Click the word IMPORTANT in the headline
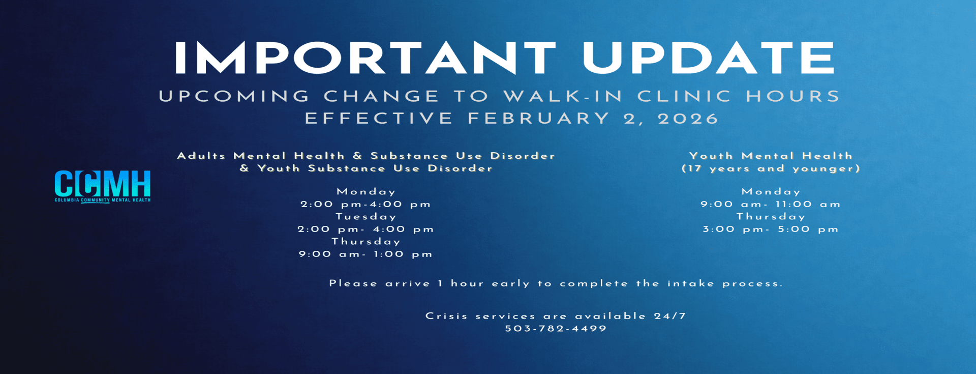(x=365, y=57)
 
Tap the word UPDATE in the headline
(x=709, y=57)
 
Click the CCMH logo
(x=103, y=186)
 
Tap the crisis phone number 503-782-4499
(x=556, y=329)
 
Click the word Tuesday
(x=366, y=217)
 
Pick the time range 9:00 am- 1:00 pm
(x=366, y=254)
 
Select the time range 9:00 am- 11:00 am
(x=771, y=204)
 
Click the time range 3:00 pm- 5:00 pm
(x=771, y=229)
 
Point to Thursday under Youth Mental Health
(x=771, y=217)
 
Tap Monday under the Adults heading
(x=366, y=192)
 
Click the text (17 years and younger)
(x=771, y=168)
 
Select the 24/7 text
(x=670, y=316)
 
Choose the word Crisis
(x=446, y=316)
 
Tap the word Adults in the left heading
(x=201, y=156)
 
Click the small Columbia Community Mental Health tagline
(x=103, y=200)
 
